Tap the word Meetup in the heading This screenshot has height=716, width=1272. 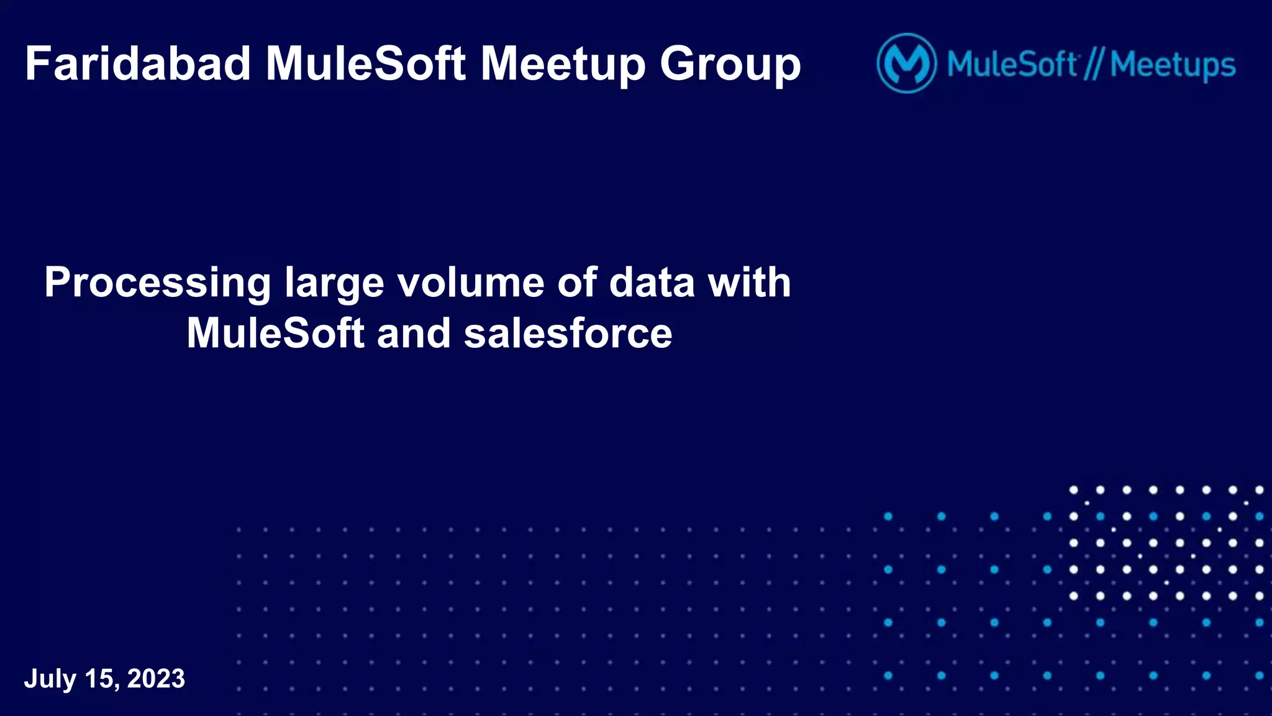563,65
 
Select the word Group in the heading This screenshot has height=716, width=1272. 730,65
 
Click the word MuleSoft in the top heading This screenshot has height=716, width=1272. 366,64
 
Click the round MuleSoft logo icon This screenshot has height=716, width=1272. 906,63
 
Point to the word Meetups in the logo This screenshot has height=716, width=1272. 1173,65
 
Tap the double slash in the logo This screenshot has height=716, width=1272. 1093,65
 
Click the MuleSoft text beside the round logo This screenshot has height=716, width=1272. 1012,64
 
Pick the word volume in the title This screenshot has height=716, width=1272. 471,283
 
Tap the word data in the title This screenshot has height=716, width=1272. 652,283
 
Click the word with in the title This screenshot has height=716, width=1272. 750,283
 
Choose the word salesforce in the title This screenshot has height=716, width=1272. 568,333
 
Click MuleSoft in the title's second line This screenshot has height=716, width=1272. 275,333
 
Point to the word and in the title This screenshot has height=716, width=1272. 414,333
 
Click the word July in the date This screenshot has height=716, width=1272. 50,679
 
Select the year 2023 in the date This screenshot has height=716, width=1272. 156,679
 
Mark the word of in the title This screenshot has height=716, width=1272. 577,283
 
